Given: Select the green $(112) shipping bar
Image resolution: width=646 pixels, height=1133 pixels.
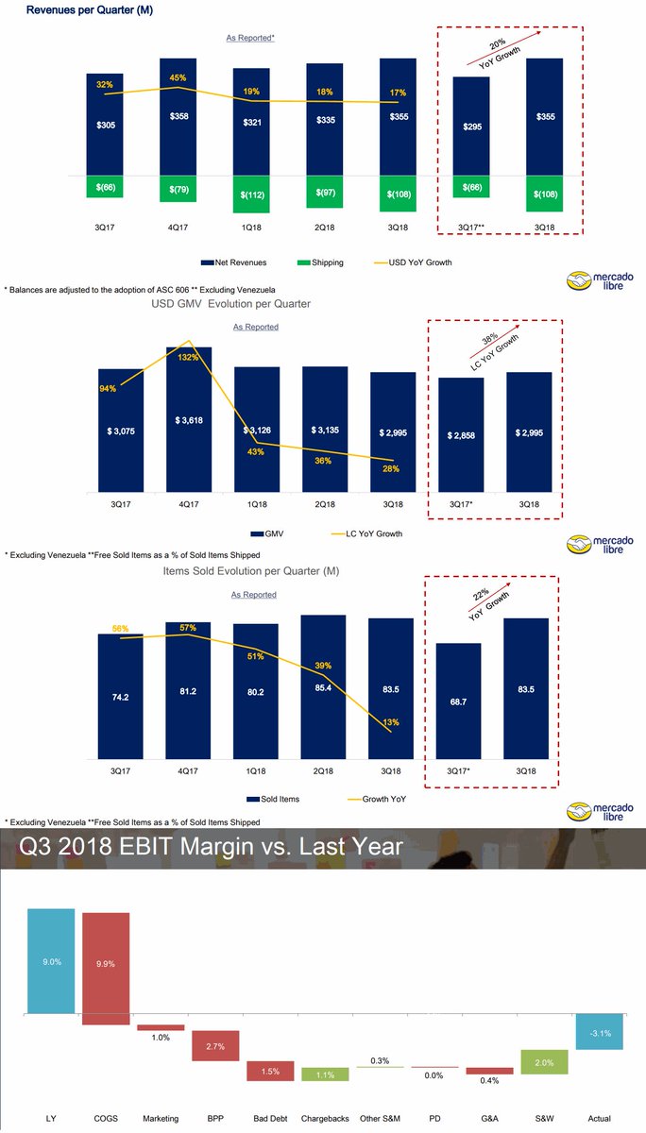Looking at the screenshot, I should [250, 194].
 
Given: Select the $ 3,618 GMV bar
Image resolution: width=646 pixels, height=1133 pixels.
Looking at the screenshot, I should [189, 419].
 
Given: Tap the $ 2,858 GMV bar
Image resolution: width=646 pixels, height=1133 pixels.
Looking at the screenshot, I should [461, 434].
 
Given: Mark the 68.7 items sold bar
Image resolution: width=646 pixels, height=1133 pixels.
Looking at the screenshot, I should [458, 702].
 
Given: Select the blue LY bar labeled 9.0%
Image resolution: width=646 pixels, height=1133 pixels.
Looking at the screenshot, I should [51, 961].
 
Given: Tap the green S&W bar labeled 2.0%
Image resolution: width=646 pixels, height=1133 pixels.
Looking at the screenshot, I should [543, 1063].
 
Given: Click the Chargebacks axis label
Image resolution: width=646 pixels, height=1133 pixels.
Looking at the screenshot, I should [324, 1118].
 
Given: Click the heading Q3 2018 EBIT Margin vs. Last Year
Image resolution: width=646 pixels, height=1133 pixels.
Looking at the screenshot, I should [212, 848].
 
